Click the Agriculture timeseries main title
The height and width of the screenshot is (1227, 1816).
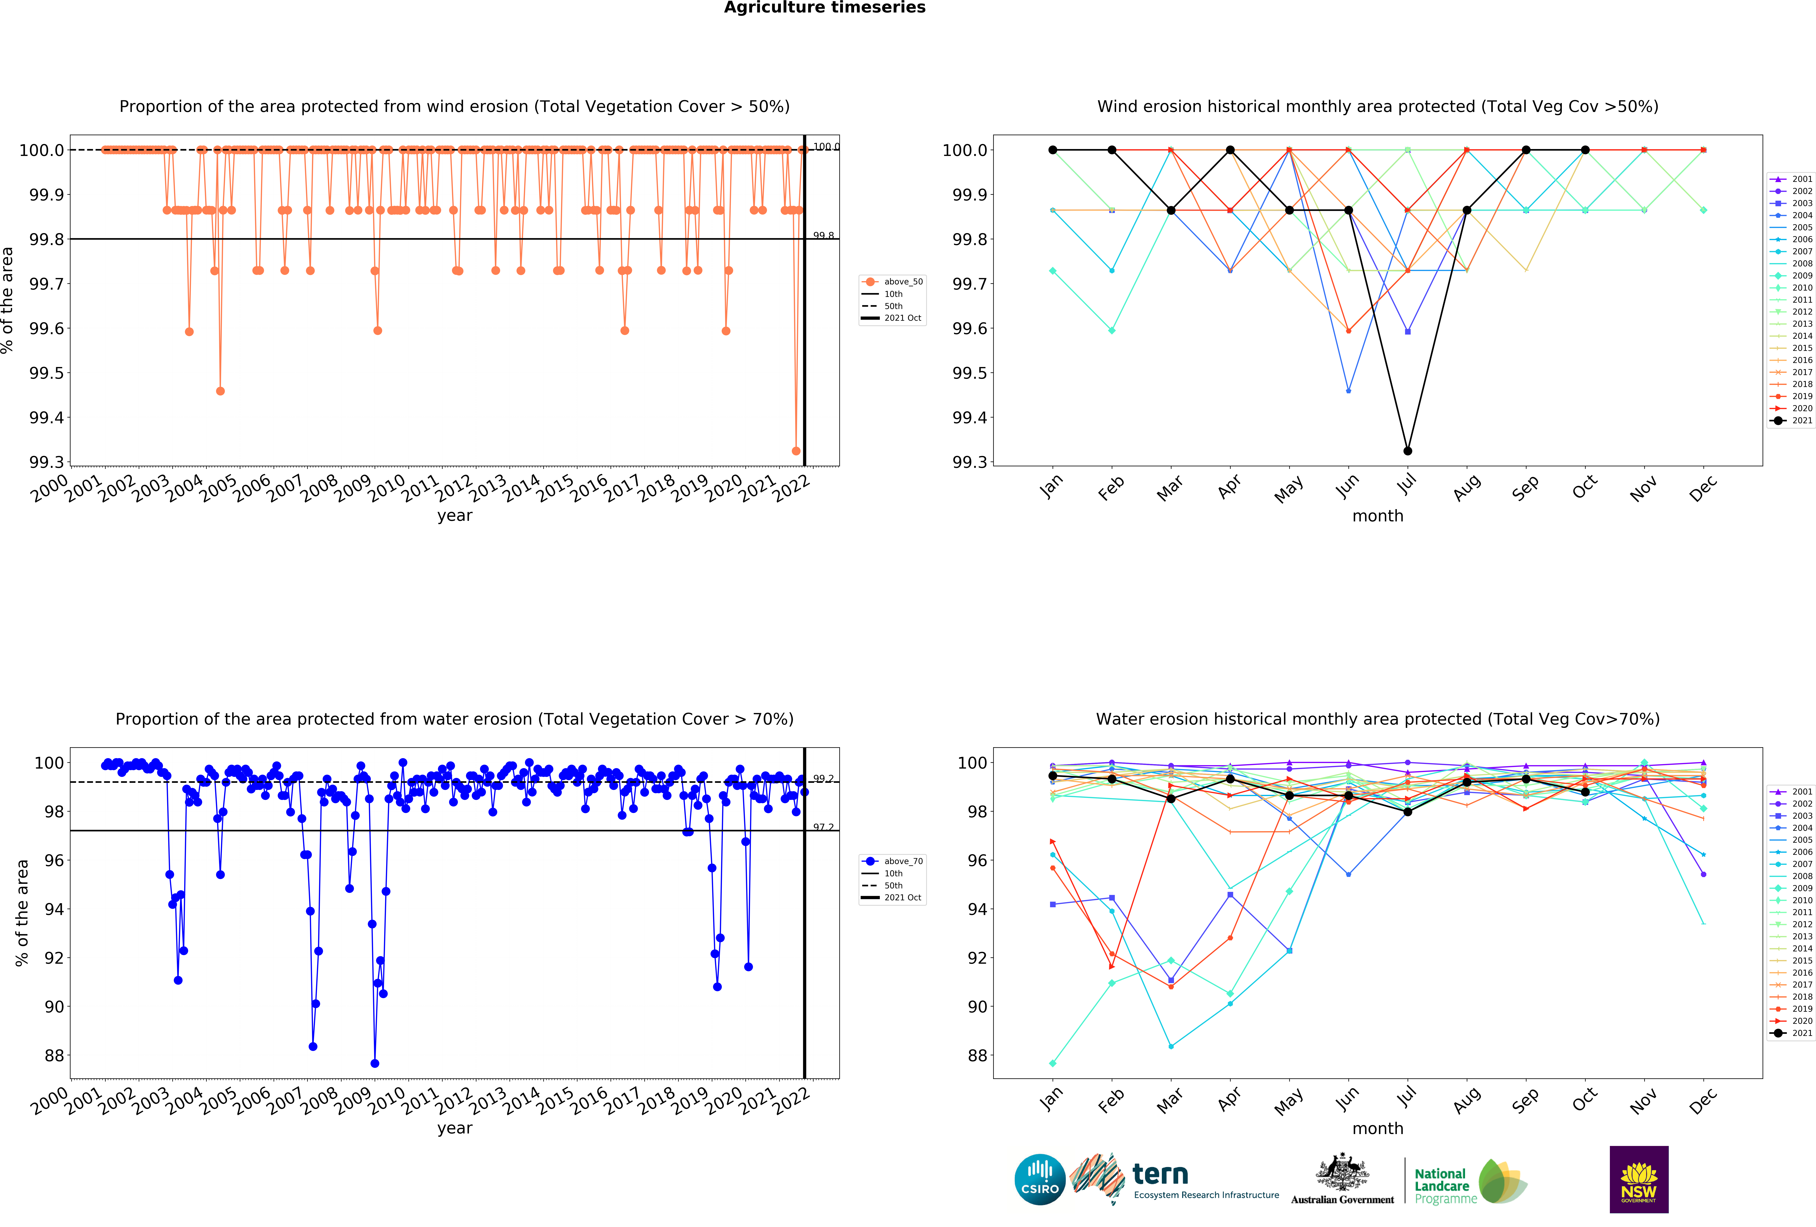pyautogui.click(x=824, y=8)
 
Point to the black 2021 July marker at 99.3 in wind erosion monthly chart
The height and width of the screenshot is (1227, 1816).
pyautogui.click(x=1407, y=451)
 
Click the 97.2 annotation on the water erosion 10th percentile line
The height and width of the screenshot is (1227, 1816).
pyautogui.click(x=823, y=827)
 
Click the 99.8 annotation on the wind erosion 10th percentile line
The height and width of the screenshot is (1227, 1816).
pyautogui.click(x=823, y=235)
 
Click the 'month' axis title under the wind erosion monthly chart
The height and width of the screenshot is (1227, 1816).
pyautogui.click(x=1378, y=516)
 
